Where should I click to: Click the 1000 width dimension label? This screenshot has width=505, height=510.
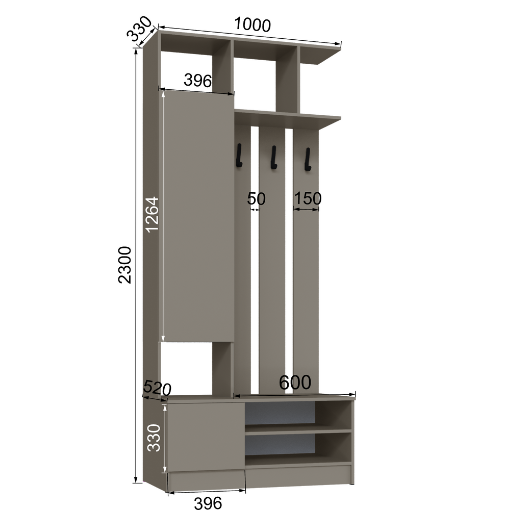pos(252,24)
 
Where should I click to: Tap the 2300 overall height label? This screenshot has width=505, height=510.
pos(125,265)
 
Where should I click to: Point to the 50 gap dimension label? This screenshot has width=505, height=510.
pos(257,198)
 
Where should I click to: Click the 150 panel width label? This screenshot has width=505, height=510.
pos(308,198)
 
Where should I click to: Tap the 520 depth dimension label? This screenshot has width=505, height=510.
pos(157,388)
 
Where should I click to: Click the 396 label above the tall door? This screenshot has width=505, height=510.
pos(198,80)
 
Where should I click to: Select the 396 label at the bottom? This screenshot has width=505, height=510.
pos(208,502)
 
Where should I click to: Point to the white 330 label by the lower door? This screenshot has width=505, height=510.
pos(154,438)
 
